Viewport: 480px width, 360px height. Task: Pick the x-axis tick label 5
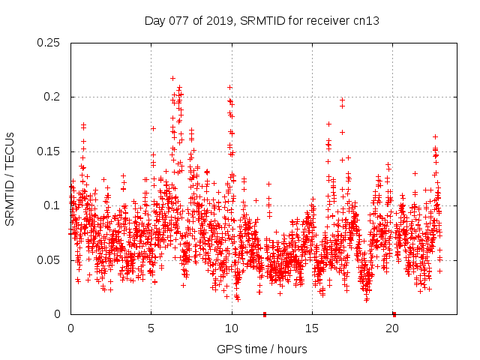click(x=151, y=328)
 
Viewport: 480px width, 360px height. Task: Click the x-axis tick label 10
click(x=232, y=328)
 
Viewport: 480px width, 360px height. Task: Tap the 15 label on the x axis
click(x=312, y=328)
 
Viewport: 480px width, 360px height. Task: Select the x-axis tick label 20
click(x=392, y=328)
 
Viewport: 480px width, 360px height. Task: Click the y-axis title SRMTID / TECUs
click(x=10, y=178)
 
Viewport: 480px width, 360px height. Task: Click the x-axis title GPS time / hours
click(x=262, y=349)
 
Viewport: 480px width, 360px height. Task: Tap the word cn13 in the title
click(x=366, y=21)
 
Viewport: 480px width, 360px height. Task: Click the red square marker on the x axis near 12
click(x=264, y=314)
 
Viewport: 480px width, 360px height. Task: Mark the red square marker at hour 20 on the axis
click(x=394, y=314)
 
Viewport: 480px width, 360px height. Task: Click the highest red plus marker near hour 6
click(x=172, y=78)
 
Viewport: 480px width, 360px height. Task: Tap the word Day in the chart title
click(x=154, y=21)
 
